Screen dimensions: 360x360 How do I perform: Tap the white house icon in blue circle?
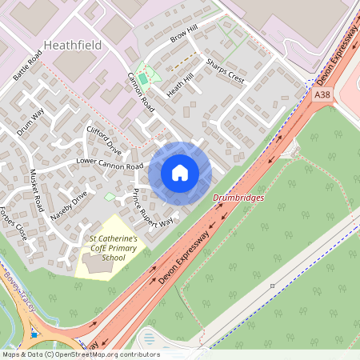pos(180,173)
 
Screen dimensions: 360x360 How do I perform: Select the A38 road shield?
pos(322,94)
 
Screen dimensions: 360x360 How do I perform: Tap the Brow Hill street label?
pos(183,33)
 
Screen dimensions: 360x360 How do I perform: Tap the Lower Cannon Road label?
pos(109,163)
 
